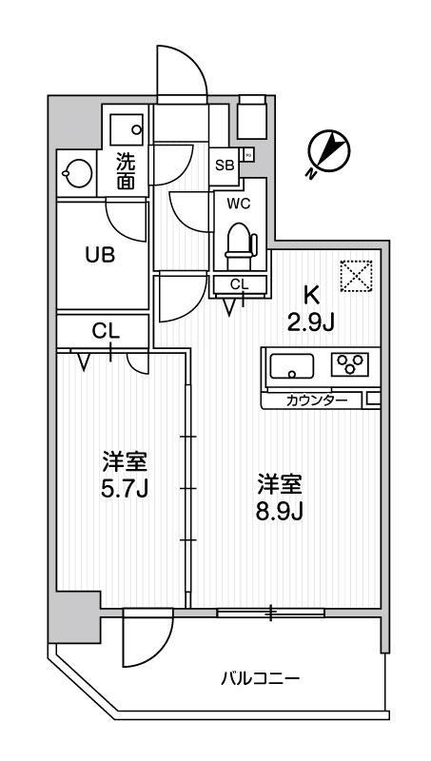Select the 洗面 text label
(125, 170)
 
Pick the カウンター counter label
(319, 400)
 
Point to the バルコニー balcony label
(261, 679)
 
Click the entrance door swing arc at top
(181, 71)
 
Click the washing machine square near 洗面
(125, 127)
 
